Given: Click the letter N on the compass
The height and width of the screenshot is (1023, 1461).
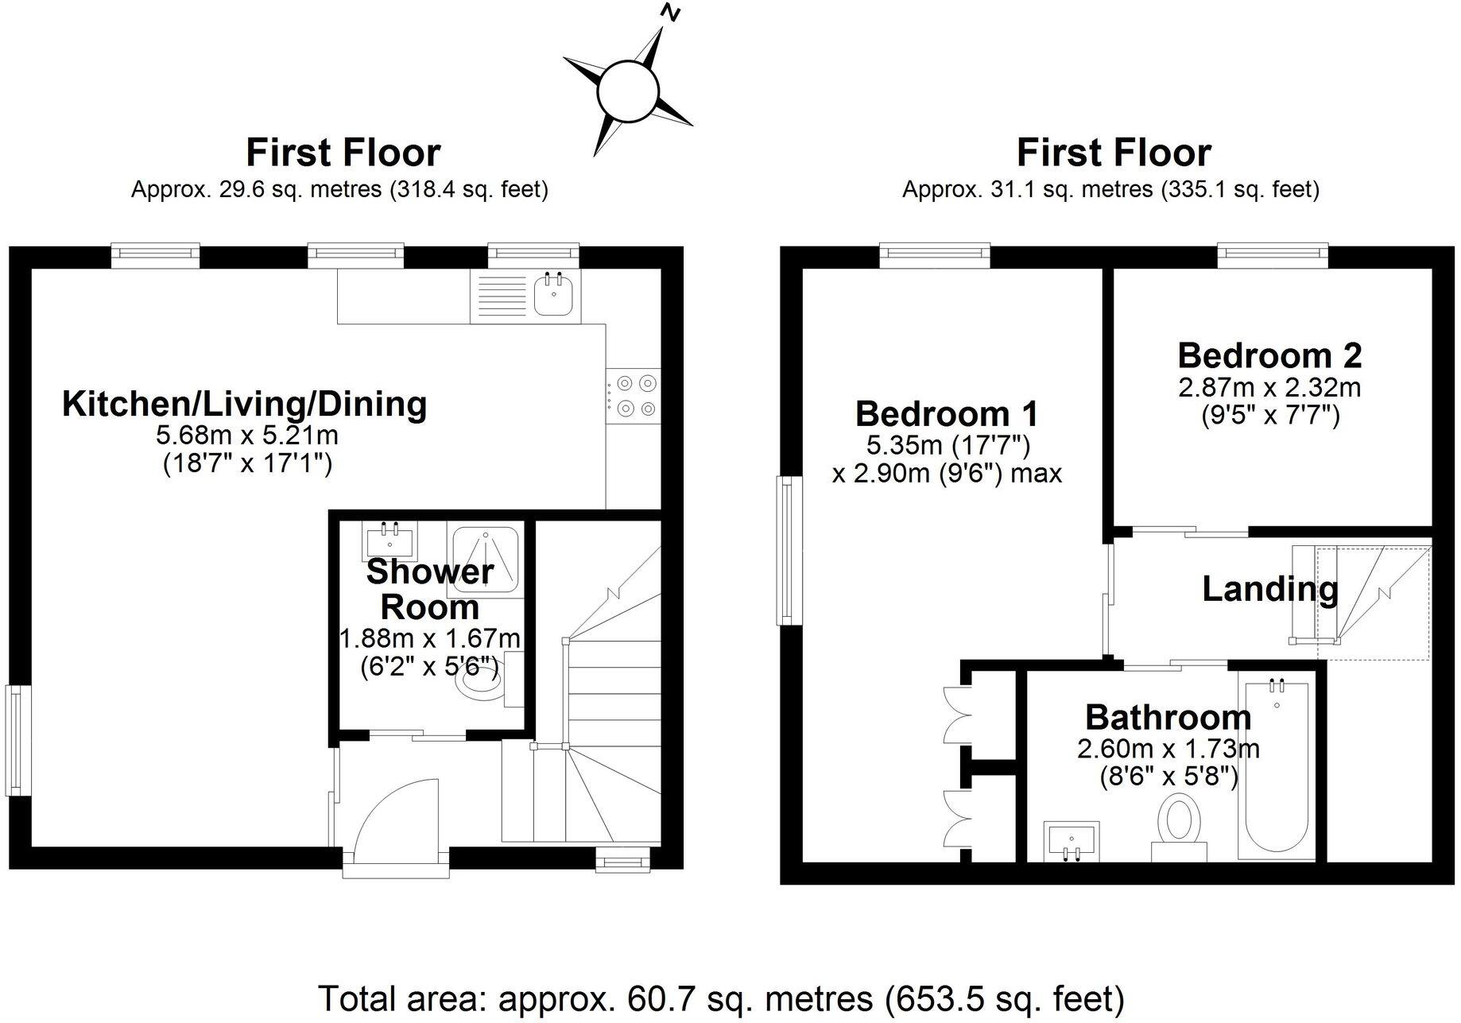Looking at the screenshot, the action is [x=672, y=12].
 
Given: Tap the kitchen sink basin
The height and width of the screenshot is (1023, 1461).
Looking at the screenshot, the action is [x=552, y=296].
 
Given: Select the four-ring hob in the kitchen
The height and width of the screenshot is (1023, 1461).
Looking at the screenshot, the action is [x=634, y=396].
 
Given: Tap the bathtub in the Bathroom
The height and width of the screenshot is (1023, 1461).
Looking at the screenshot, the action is [x=1277, y=767].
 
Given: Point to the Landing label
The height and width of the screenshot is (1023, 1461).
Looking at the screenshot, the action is [x=1269, y=589].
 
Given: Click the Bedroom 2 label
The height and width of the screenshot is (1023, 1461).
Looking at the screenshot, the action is [x=1269, y=355].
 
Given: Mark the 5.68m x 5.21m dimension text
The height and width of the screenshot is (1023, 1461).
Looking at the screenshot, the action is [x=247, y=436].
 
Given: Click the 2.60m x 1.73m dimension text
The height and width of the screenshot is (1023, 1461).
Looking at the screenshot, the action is [x=1168, y=749].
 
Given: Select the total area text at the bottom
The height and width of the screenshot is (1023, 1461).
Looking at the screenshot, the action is [x=721, y=997].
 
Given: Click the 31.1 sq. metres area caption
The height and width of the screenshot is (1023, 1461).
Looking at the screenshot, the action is [x=1110, y=190].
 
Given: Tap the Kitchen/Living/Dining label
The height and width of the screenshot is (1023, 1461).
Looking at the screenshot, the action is [x=245, y=405].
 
